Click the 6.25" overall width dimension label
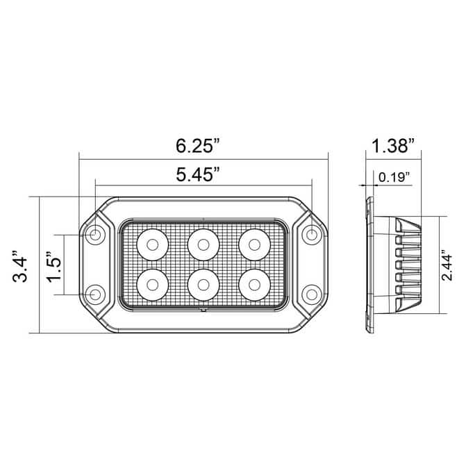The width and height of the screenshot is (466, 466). [x=198, y=147]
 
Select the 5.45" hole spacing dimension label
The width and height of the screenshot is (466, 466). [x=198, y=174]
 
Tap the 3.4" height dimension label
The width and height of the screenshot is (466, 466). [x=20, y=266]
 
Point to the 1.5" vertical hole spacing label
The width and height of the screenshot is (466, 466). [x=53, y=266]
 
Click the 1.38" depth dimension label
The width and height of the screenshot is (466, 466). [x=393, y=146]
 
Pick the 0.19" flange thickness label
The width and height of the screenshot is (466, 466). [x=394, y=177]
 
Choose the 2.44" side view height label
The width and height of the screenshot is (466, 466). [x=447, y=267]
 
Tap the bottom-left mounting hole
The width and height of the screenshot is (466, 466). [x=95, y=294]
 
